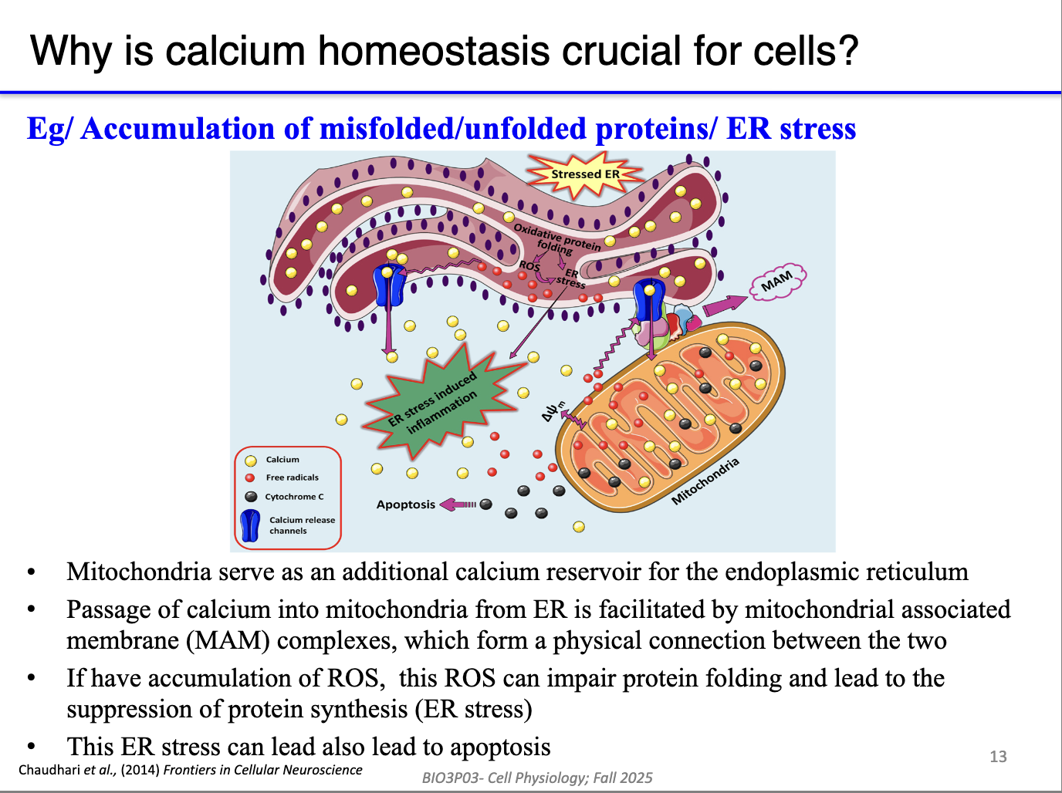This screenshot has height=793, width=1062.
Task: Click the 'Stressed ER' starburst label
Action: (x=585, y=174)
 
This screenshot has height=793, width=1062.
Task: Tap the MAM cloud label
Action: (x=777, y=282)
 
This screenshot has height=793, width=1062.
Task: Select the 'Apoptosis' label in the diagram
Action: (x=406, y=504)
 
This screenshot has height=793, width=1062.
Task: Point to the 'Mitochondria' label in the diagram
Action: (x=705, y=481)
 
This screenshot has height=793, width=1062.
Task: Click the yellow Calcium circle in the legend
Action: (x=251, y=461)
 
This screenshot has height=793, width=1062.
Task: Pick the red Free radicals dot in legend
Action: (x=250, y=477)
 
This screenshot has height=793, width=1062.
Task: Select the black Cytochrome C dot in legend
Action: (x=251, y=497)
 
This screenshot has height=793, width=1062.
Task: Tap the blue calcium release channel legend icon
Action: (x=250, y=525)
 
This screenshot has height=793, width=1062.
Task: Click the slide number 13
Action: (x=998, y=757)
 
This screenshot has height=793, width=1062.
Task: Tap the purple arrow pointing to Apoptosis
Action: (x=458, y=504)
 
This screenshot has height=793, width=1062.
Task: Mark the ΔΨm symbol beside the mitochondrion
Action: (x=553, y=411)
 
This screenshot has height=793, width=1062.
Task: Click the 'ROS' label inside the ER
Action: (x=529, y=266)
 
